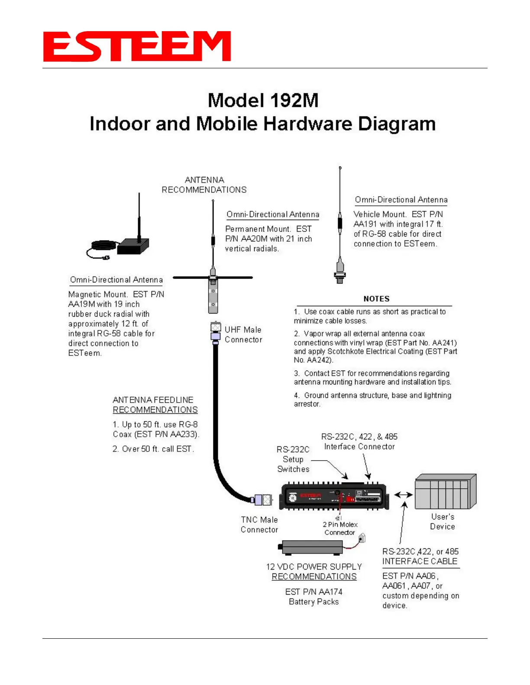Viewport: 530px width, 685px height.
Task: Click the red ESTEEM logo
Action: click(136, 46)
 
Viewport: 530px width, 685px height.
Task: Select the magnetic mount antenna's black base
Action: click(133, 246)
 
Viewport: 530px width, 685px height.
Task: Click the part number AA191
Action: click(365, 224)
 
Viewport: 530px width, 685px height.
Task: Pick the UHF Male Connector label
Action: click(243, 335)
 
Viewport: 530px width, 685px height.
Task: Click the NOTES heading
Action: click(376, 299)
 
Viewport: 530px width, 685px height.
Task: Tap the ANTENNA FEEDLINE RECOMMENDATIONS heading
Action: click(155, 405)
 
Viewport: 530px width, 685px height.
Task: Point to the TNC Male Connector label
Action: click(259, 525)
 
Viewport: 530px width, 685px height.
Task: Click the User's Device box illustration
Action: click(445, 492)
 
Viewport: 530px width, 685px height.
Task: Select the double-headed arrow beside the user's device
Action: click(403, 495)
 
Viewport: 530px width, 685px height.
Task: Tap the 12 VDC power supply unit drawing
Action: click(311, 547)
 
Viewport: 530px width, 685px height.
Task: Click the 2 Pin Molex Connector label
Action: click(340, 528)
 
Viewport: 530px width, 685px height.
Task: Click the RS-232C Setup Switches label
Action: click(293, 459)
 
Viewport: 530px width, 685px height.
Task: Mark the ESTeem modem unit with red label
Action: click(333, 496)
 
